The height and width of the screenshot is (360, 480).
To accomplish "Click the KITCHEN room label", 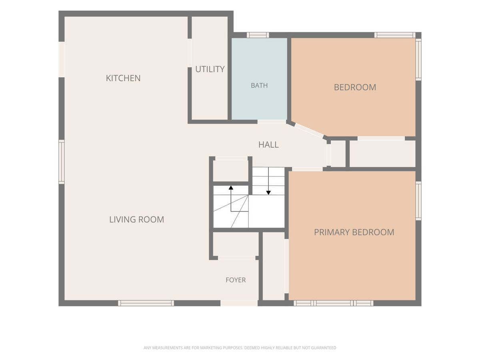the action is [x=123, y=78].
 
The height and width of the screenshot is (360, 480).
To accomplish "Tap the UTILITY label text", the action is [x=210, y=69].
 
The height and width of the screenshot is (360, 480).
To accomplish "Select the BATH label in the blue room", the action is [x=259, y=85].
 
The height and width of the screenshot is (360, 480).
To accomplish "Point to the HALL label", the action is [x=268, y=144].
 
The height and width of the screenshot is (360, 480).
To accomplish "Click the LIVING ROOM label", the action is [x=137, y=220].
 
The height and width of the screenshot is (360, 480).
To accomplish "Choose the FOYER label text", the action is [x=236, y=280].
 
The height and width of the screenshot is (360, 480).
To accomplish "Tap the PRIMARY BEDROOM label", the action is [x=354, y=232].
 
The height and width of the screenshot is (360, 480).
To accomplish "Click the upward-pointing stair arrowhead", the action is [x=231, y=187].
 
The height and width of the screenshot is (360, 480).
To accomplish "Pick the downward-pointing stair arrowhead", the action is [x=268, y=192].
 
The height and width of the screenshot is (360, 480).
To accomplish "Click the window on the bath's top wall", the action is [x=258, y=35].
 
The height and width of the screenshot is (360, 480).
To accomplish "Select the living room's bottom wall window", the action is [x=146, y=303].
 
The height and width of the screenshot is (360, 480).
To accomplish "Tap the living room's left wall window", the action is [x=62, y=162].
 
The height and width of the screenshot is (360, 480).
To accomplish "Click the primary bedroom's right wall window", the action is [x=418, y=201].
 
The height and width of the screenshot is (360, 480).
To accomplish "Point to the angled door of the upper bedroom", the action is [x=309, y=130].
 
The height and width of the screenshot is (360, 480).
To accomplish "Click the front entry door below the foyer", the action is [x=239, y=303].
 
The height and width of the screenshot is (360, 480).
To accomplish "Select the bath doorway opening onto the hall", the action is [x=272, y=122].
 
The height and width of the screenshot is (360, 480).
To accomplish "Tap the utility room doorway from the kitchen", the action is [x=190, y=53].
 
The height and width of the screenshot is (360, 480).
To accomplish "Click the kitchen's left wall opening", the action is [x=62, y=60].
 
